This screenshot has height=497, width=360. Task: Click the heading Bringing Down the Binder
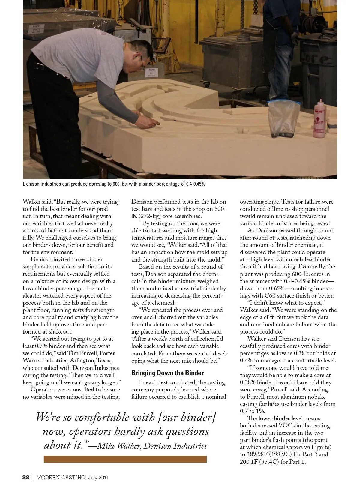(167, 373)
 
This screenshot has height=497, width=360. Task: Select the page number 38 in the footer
(26, 478)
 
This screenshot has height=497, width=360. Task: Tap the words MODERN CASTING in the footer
(61, 478)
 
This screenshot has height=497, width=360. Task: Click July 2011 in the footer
(98, 478)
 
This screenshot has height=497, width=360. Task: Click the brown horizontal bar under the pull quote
(125, 459)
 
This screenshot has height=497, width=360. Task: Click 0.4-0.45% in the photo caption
(196, 184)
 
